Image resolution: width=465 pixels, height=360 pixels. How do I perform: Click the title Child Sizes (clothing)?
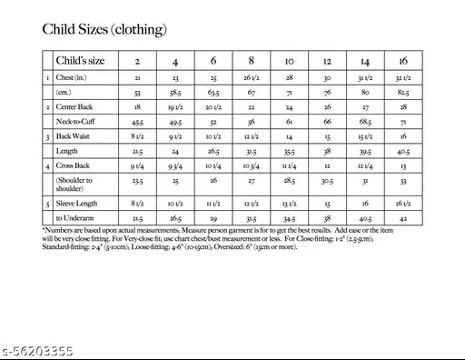pos(104,29)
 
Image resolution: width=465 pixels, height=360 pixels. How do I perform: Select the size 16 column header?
pos(402,61)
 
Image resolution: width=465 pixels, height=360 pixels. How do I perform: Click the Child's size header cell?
pos(83,61)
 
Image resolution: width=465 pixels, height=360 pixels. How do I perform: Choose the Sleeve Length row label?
pos(77,204)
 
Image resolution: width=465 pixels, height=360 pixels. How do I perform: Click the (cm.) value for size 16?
pos(402,93)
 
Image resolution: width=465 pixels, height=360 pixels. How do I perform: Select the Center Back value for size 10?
pos(289,107)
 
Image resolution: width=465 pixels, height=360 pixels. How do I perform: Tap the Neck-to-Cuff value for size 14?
pos(364,121)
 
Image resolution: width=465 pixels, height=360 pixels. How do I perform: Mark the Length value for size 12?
pos(326,151)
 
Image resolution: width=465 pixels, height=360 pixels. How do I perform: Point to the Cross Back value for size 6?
pos(213,165)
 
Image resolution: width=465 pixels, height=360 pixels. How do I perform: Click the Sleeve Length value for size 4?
pos(174,204)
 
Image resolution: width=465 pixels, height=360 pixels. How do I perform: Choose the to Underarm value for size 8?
pos(250,219)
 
